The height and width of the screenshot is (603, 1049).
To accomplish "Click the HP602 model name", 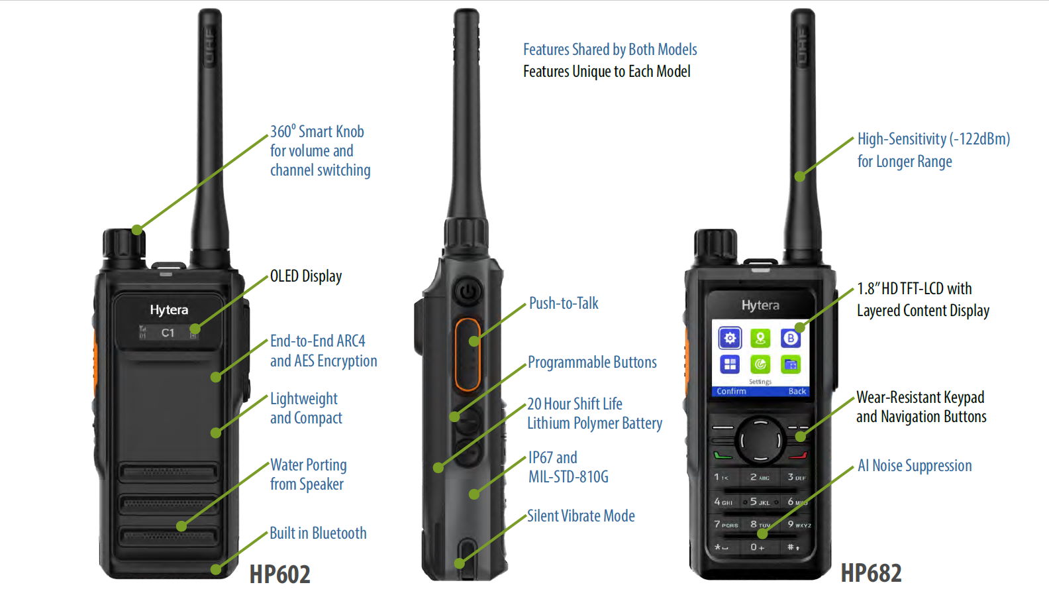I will [x=279, y=574].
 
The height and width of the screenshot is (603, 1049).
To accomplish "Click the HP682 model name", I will [x=871, y=573].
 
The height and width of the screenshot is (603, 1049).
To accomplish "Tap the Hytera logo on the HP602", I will [x=169, y=309].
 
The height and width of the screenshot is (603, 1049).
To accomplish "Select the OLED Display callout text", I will [x=306, y=276].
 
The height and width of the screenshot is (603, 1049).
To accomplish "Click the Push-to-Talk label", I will [x=564, y=303].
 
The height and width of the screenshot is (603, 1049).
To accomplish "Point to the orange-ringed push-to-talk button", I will [x=468, y=355].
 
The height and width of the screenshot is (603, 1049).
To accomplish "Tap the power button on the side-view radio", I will [x=468, y=291].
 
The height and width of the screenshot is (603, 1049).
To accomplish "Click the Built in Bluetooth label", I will [x=318, y=533].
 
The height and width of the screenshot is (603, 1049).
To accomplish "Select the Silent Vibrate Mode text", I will [x=581, y=516].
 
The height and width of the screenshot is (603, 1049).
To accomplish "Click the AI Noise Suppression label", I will [x=915, y=466].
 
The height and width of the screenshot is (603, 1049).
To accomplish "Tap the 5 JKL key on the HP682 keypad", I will [x=760, y=502].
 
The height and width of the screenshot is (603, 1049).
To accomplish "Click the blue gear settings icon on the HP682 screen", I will [x=730, y=339].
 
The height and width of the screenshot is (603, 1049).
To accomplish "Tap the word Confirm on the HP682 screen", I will [x=731, y=392].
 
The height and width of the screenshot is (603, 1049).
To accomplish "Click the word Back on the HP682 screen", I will [x=797, y=392].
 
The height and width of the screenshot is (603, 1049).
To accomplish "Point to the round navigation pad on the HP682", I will [x=760, y=439].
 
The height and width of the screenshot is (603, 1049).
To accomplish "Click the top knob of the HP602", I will [x=123, y=244].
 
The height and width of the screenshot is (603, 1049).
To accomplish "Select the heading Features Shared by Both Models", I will [x=610, y=50].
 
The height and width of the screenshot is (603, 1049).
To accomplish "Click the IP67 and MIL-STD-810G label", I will [x=568, y=467].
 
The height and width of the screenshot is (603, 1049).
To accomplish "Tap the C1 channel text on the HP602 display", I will [x=168, y=333].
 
